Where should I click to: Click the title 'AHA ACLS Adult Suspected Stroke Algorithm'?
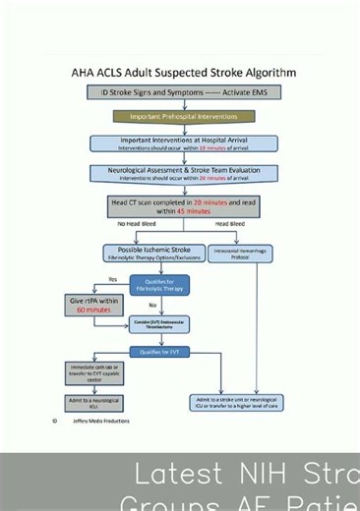184,73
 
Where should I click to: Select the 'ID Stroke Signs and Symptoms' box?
184,92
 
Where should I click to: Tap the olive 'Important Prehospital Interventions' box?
184,116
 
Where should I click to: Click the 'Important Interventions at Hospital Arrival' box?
184,143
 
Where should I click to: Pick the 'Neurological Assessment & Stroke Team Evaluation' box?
184,173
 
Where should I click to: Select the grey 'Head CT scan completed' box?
184,205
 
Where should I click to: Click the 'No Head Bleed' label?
137,224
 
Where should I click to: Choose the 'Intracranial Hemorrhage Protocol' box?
237,253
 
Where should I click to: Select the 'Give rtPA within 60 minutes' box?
90,305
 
